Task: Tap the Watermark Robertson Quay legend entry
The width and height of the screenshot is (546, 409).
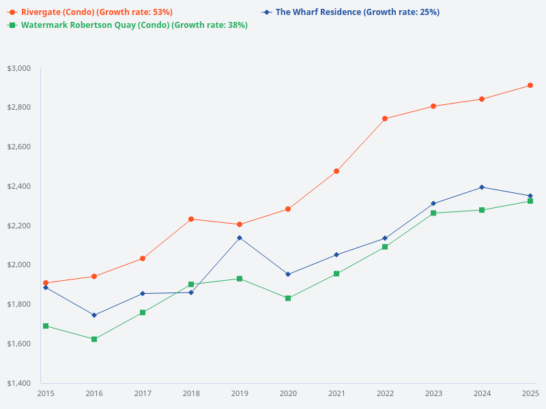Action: pyautogui.click(x=133, y=25)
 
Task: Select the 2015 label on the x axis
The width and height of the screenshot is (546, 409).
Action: pyautogui.click(x=46, y=393)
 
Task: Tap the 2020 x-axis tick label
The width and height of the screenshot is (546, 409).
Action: pyautogui.click(x=288, y=393)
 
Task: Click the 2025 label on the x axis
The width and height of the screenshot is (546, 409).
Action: pyautogui.click(x=530, y=393)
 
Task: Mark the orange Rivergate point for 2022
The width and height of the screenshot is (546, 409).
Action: pyautogui.click(x=385, y=119)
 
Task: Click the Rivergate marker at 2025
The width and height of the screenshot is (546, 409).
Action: pyautogui.click(x=530, y=85)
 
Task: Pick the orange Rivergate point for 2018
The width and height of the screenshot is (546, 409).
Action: pyautogui.click(x=191, y=219)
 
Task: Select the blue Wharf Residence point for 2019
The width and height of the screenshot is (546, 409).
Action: pyautogui.click(x=240, y=238)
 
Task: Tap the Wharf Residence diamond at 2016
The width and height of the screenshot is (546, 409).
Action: pyautogui.click(x=94, y=315)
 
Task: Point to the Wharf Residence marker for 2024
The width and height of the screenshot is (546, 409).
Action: pyautogui.click(x=482, y=187)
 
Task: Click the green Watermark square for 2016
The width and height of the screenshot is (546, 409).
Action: pyautogui.click(x=94, y=339)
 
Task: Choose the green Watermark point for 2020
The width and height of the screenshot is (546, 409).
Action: pyautogui.click(x=288, y=298)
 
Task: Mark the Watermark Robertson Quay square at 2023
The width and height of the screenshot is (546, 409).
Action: pyautogui.click(x=433, y=213)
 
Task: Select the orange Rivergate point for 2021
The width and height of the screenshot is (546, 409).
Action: pyautogui.click(x=336, y=171)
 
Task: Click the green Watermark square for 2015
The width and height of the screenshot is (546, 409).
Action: pyautogui.click(x=46, y=326)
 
